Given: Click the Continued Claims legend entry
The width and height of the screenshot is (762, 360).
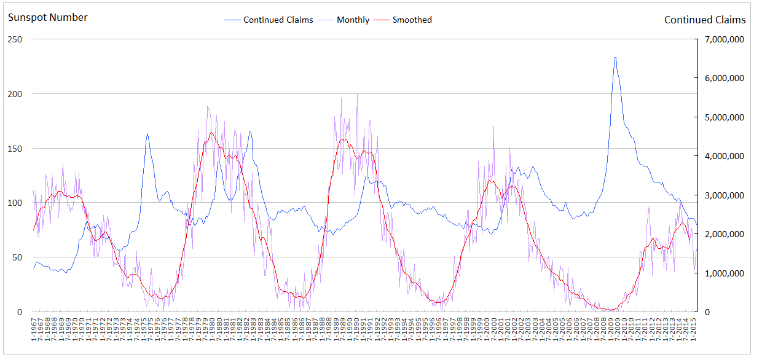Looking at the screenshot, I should (278, 20).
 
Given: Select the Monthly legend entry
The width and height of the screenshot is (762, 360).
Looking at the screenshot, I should (353, 20).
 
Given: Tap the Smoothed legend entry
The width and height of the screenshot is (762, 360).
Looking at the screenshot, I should (412, 20).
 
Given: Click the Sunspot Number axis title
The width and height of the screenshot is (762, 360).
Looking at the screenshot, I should (47, 17).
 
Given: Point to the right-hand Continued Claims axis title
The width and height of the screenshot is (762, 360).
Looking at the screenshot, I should (705, 20).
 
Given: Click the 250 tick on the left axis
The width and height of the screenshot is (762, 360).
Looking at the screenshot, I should (15, 39).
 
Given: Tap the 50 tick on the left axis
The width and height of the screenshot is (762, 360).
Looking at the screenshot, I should (17, 257).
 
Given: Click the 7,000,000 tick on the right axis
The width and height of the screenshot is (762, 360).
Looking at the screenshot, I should (723, 39).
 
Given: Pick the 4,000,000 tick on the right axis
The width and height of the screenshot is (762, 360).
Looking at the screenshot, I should (723, 156).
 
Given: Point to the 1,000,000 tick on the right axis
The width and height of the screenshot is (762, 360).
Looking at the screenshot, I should (723, 273).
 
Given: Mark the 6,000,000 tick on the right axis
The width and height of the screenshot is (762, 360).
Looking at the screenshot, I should (723, 78).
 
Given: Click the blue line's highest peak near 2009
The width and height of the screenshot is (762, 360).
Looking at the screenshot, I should (615, 58).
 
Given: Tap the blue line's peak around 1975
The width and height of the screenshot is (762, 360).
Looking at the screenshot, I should (147, 133).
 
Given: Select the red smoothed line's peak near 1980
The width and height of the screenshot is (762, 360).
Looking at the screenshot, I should (211, 132).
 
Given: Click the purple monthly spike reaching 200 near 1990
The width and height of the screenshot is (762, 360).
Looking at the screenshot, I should (357, 94).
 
